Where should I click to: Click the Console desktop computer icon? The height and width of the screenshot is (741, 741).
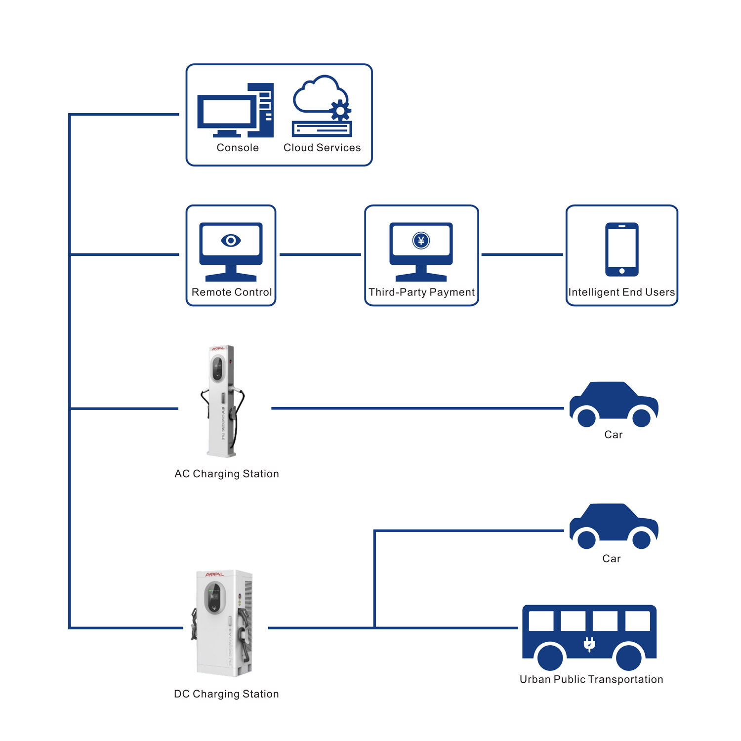point(235,111)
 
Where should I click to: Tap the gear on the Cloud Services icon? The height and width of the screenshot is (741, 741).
point(340,110)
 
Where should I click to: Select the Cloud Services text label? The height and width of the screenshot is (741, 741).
point(322,148)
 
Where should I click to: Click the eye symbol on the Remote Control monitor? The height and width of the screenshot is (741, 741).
point(231,241)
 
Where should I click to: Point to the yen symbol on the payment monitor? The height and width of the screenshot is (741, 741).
point(421,241)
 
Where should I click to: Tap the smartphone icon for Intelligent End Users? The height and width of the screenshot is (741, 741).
point(621,249)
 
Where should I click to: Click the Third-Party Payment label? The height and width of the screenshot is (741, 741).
point(421,292)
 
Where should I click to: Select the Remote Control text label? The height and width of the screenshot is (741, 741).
point(231,292)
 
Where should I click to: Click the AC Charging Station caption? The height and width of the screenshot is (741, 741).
point(227,474)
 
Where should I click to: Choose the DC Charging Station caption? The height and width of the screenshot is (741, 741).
point(226,694)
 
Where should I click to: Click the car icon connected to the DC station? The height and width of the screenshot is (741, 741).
point(614,525)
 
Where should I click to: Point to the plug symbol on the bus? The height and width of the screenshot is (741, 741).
point(589,644)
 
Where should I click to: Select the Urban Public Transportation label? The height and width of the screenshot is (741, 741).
point(591,679)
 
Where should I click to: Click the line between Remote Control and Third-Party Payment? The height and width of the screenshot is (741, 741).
point(320,254)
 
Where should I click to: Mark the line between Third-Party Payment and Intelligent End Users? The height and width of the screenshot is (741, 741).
point(522,254)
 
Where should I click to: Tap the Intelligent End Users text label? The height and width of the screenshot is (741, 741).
point(621,292)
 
